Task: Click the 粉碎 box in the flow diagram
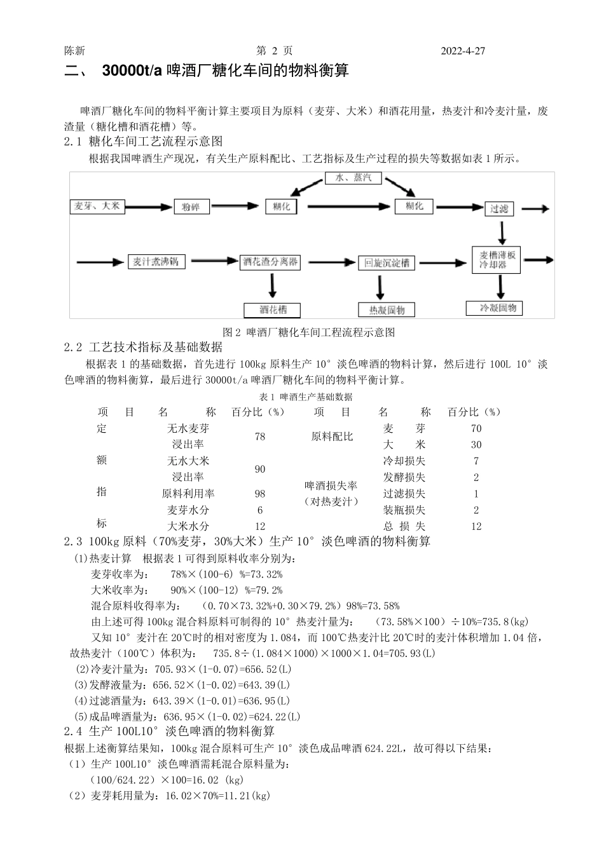coord(191,207)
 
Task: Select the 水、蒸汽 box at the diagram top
coord(353,178)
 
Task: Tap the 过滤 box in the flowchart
coord(499,208)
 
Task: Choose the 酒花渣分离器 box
coord(270,262)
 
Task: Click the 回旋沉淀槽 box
coord(387,263)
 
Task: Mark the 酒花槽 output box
coord(273,310)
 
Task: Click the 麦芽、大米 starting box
coord(97,206)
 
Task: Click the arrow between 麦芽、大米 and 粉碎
coord(148,207)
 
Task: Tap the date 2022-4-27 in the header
coord(463,51)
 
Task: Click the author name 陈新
coord(74,51)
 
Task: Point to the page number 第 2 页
coord(274,51)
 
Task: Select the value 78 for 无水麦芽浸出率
coord(260,437)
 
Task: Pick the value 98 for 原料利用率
coord(260,494)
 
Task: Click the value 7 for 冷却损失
coord(476,461)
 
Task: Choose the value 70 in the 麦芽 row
coord(476,429)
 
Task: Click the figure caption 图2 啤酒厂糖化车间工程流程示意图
coord(310,332)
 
